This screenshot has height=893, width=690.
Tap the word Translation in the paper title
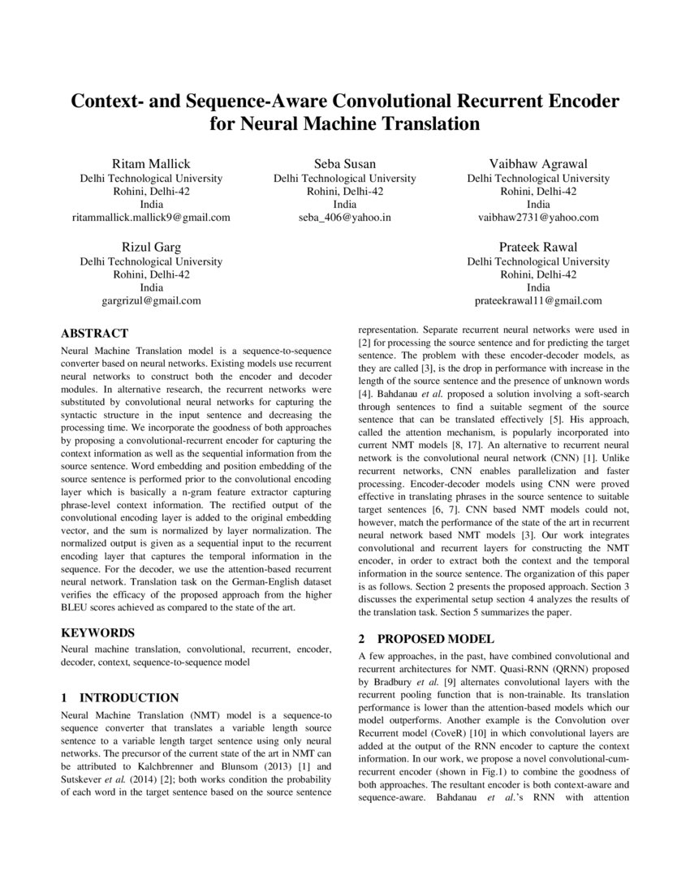click(416, 125)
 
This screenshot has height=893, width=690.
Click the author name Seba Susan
click(345, 163)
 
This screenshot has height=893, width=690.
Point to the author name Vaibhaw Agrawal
click(538, 163)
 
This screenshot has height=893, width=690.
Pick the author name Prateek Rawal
click(538, 247)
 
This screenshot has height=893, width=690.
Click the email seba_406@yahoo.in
click(345, 218)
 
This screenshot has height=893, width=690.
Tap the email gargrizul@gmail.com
click(151, 300)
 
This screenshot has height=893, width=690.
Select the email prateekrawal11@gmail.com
click(538, 300)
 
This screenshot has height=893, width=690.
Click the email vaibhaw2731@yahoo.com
click(538, 218)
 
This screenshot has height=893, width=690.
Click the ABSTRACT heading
click(95, 334)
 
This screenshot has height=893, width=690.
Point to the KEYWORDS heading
click(98, 632)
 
